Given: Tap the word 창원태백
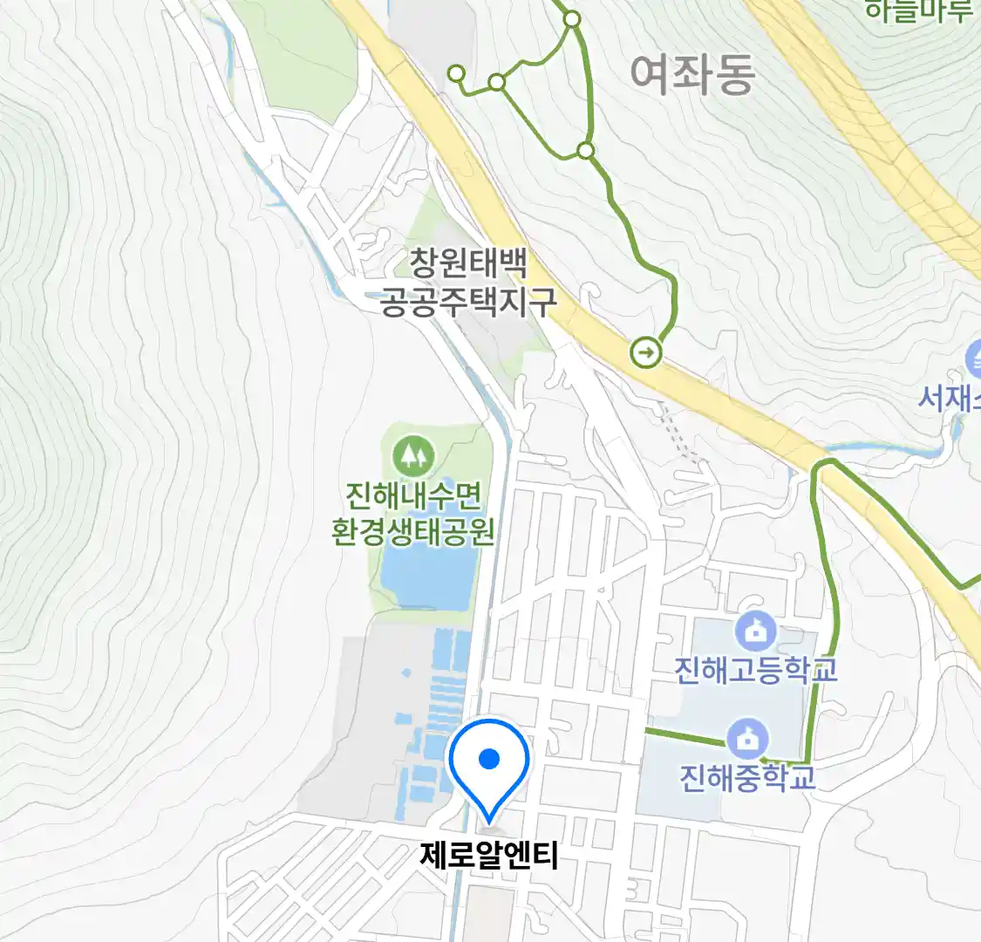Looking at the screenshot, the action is tap(468, 263).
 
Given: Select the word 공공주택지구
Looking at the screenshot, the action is tap(468, 301).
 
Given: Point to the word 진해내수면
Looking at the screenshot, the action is tap(413, 496).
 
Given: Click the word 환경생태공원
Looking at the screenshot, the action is tap(413, 530).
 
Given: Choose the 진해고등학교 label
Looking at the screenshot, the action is tap(755, 669).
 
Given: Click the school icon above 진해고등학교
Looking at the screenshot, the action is tap(755, 631).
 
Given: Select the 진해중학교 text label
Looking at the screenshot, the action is tap(747, 776).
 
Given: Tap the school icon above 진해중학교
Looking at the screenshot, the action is tap(747, 740).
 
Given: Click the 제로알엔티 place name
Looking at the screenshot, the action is tap(488, 856).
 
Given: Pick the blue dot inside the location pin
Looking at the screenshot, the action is tap(489, 759).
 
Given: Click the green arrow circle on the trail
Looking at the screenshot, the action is tap(646, 353).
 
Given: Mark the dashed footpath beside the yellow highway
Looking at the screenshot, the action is tap(680, 432).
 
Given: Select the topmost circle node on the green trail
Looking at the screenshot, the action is tap(572, 18).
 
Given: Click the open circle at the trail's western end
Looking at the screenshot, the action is tap(456, 74).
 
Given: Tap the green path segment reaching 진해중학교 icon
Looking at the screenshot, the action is tap(685, 735).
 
